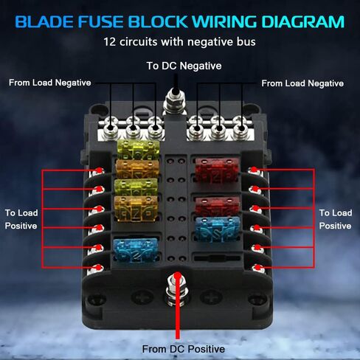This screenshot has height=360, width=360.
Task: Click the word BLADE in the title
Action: [44, 22]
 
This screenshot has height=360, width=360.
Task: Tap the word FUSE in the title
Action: [101, 22]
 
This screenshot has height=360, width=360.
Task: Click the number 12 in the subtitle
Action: [110, 42]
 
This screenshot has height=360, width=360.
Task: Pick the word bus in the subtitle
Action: [246, 42]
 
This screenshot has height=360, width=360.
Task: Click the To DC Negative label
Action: [184, 66]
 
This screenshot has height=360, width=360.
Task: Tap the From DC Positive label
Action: [184, 349]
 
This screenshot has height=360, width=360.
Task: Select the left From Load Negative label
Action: [50, 83]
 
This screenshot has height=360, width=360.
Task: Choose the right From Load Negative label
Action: [302, 83]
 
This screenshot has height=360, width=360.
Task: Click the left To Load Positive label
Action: [21, 219]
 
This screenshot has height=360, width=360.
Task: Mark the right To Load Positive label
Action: [336, 219]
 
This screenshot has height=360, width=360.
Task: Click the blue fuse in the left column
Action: [136, 249]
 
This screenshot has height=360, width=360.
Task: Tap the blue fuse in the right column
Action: [218, 229]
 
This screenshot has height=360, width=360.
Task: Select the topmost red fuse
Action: [217, 170]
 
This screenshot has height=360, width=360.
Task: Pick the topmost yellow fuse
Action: [138, 150]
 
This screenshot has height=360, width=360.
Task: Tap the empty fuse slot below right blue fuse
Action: [217, 258]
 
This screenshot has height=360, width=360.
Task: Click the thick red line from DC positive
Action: [178, 308]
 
